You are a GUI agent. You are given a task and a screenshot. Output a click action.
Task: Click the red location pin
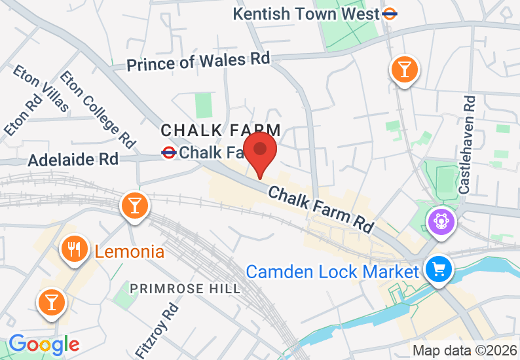click(x=260, y=151)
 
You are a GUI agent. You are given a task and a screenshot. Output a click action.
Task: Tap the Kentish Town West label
click(x=306, y=13)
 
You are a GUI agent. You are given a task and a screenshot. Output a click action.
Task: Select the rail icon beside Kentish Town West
click(x=391, y=13)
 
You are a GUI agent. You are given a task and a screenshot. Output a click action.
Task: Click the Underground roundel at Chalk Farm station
click(x=168, y=153)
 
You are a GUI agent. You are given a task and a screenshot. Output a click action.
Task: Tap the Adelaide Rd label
click(x=73, y=158)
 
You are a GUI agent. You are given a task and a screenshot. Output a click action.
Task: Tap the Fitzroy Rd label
click(x=155, y=331)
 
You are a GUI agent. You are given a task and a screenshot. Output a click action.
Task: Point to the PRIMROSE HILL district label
click(x=185, y=289)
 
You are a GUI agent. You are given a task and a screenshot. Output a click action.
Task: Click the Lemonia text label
click(x=129, y=251)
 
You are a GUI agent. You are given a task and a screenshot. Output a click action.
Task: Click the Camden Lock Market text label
click(x=332, y=271)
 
